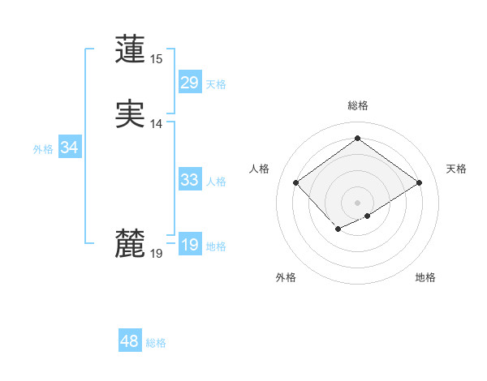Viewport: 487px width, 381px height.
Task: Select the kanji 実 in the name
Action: point(130,113)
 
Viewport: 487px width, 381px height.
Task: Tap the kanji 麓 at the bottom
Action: point(130,242)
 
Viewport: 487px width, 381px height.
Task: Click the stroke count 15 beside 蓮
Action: point(156,59)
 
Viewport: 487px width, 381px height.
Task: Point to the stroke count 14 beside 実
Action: point(156,124)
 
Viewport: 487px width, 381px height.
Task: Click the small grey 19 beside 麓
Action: point(156,254)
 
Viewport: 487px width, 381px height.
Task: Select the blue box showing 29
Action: point(189,83)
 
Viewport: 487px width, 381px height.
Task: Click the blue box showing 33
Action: point(189,180)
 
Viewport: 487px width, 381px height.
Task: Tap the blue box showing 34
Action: point(69,148)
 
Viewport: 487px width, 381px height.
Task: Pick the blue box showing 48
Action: point(129,341)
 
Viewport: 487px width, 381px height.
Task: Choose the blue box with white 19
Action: point(189,245)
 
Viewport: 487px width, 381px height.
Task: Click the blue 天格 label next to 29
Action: point(216,84)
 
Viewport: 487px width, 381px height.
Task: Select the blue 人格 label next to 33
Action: point(216,182)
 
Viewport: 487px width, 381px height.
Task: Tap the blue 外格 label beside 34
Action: point(43,149)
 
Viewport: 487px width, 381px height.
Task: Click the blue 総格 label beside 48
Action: point(156,343)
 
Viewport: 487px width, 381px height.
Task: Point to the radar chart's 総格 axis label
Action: point(357,105)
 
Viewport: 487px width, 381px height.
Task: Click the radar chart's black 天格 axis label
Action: point(456,169)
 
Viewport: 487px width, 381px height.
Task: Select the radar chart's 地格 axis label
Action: point(425,277)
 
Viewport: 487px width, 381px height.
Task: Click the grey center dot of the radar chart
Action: point(357,203)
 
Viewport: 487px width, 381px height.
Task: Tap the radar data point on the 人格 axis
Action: point(296,183)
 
